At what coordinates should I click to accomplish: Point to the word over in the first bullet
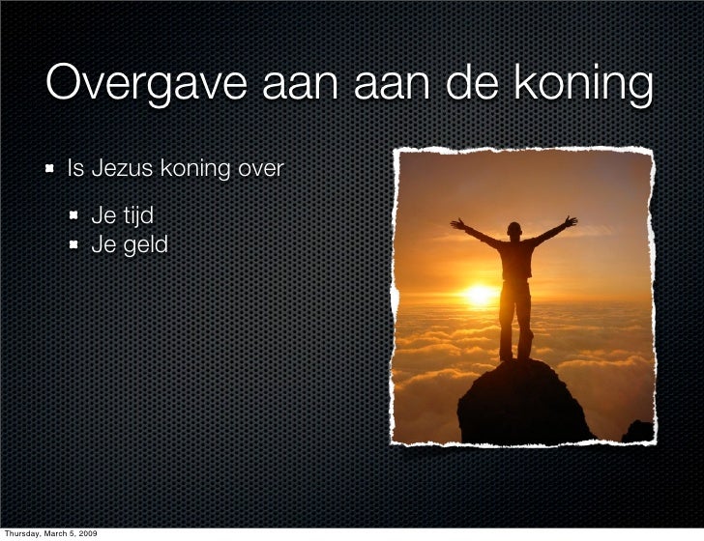tap(261, 170)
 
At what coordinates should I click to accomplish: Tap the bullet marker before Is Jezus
tap(48, 171)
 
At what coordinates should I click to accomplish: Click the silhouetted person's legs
tap(515, 319)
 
